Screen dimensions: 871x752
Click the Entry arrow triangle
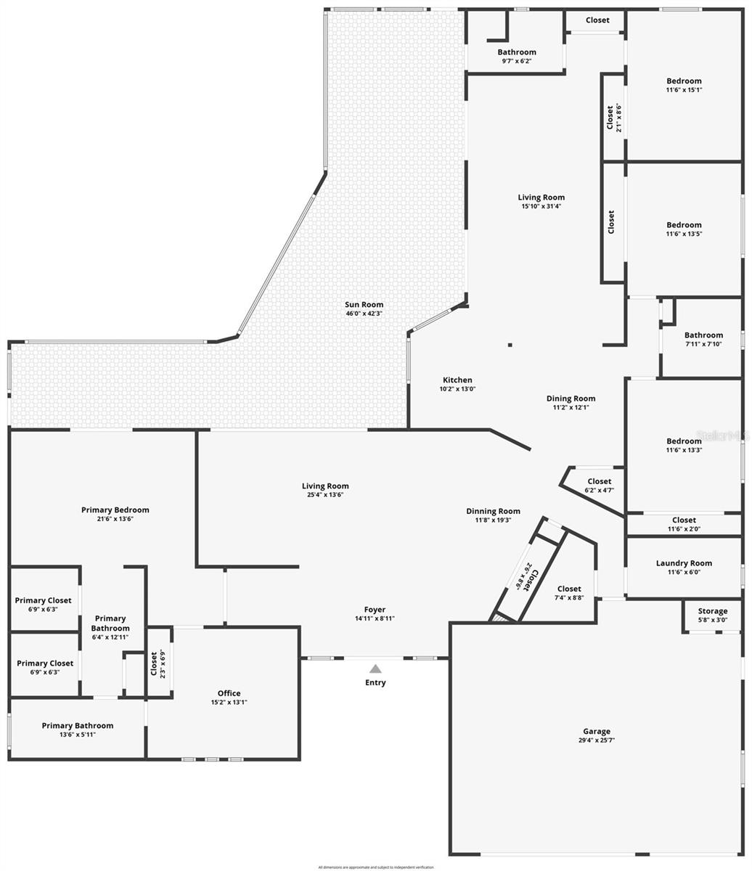click(375, 668)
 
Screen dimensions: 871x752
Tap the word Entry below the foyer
click(375, 682)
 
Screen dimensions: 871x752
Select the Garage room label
click(597, 731)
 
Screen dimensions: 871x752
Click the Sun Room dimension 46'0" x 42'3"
click(364, 314)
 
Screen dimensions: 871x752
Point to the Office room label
click(229, 693)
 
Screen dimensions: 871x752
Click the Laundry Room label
click(684, 563)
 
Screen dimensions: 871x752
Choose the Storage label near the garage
click(712, 611)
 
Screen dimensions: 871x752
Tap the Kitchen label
click(457, 380)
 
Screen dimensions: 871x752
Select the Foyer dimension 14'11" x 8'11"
click(375, 618)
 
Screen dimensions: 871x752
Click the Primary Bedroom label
click(115, 510)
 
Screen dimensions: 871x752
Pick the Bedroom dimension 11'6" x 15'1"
click(684, 90)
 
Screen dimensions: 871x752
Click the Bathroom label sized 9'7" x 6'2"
click(517, 52)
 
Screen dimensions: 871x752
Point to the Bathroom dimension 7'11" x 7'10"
click(703, 344)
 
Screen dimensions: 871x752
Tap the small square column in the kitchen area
click(510, 345)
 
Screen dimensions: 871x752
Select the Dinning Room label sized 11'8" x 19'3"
click(493, 511)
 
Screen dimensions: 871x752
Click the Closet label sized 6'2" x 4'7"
click(599, 481)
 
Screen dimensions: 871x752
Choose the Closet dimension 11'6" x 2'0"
click(684, 529)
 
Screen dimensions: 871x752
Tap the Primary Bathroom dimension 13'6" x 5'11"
click(78, 735)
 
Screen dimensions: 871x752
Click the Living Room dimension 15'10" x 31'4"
click(541, 206)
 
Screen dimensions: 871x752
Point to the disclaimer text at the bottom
click(376, 867)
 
